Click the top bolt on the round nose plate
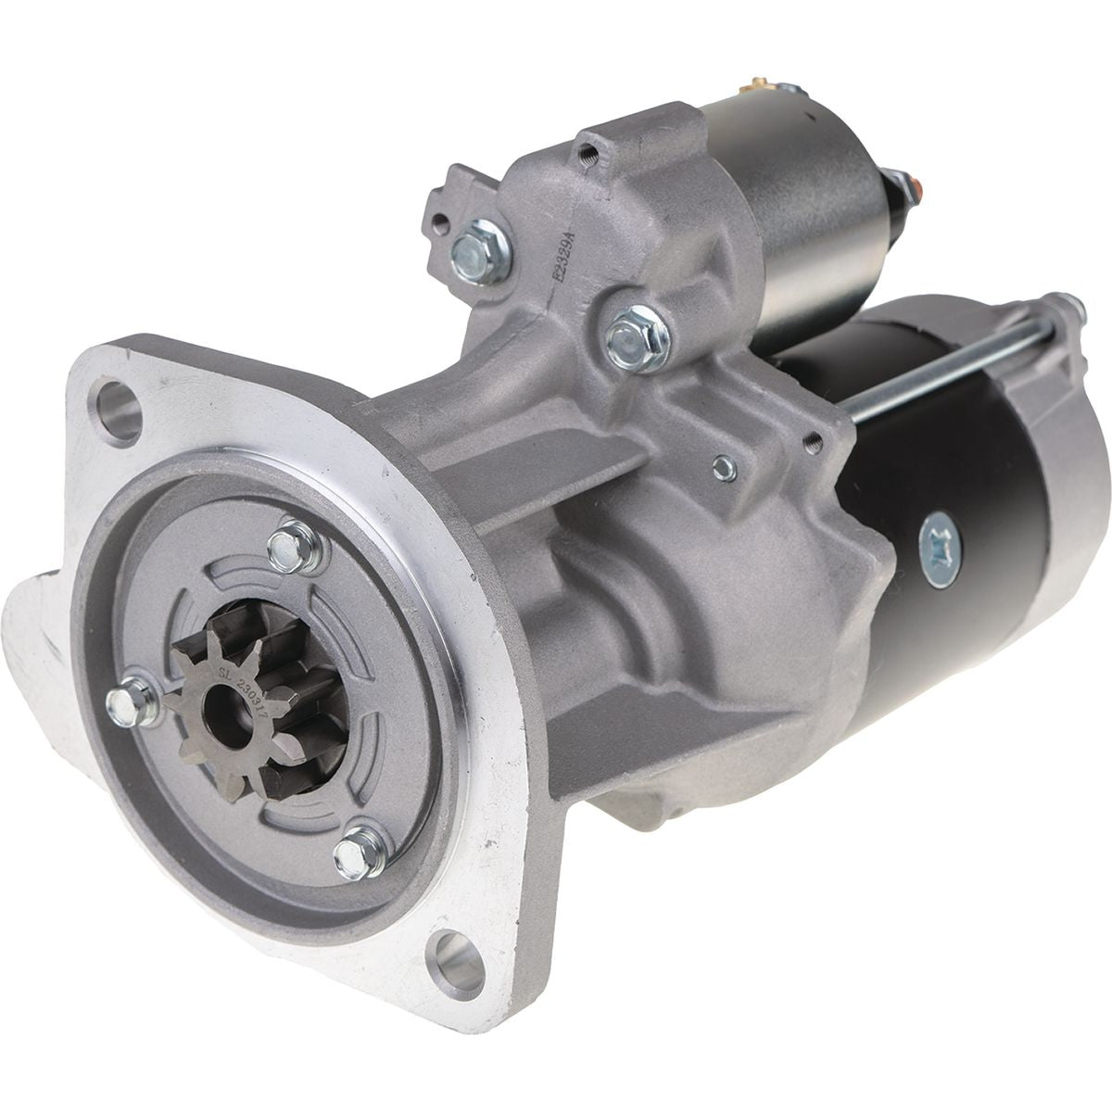coord(297,547)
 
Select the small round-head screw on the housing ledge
coord(725,470)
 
